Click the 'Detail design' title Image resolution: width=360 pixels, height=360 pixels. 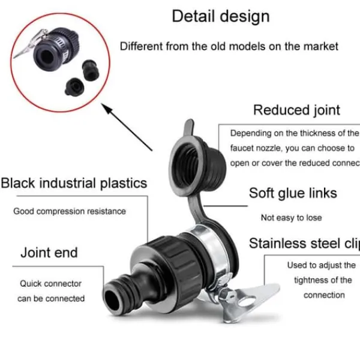click(x=221, y=17)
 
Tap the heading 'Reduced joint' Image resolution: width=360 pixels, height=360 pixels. click(x=296, y=110)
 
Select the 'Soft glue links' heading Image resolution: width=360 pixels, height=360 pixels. click(x=293, y=193)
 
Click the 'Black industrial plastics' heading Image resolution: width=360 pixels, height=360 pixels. click(x=74, y=184)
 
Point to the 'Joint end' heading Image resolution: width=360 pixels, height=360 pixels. click(x=49, y=253)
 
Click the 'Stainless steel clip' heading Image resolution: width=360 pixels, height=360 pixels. click(x=304, y=244)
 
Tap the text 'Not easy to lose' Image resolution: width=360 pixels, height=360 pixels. click(x=292, y=218)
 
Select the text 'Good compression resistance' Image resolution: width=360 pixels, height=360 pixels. click(x=70, y=211)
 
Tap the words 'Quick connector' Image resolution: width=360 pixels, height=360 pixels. click(x=50, y=284)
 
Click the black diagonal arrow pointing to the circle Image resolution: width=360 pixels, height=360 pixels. click(x=127, y=127)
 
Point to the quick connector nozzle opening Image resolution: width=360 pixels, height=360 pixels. click(x=112, y=299)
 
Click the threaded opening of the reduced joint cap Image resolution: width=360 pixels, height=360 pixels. click(x=185, y=166)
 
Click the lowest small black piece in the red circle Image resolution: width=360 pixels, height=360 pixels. click(x=74, y=87)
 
